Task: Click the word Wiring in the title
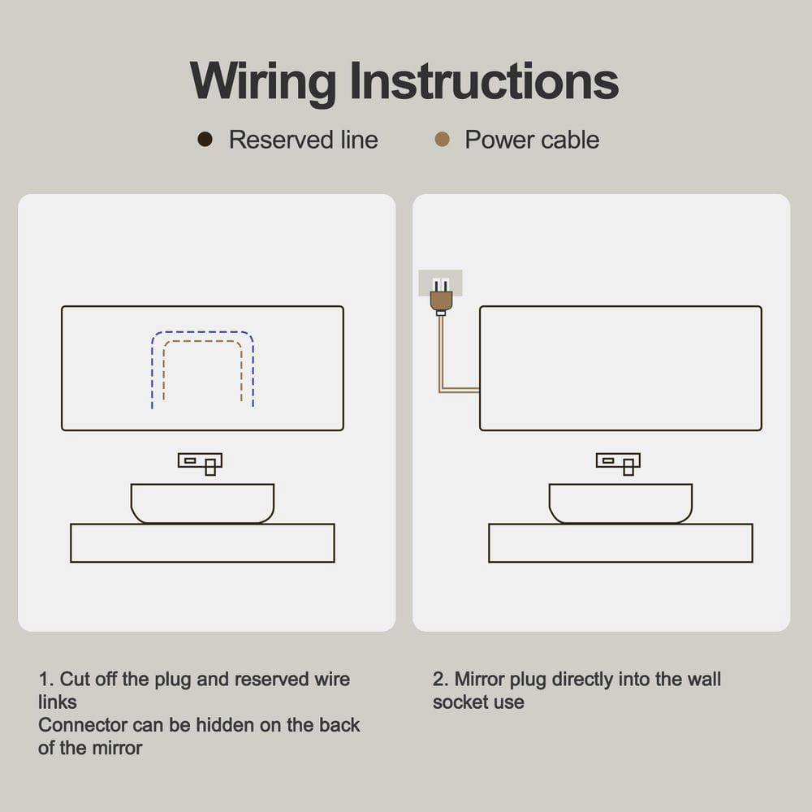pos(262,81)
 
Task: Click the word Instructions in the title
pos(484,81)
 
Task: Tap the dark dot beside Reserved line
pos(205,140)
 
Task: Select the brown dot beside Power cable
pos(442,140)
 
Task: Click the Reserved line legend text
pos(303,140)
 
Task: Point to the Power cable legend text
pos(532,140)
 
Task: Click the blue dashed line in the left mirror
pos(202,331)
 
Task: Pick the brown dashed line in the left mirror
pos(202,341)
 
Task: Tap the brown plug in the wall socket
pos(441,300)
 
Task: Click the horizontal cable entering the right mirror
pos(460,391)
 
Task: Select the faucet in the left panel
pos(200,462)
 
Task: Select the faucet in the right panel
pos(618,462)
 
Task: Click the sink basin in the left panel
pos(202,503)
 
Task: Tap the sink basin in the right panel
pos(620,503)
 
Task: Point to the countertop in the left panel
pos(202,543)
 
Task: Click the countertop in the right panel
pos(620,543)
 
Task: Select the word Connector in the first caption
pos(82,725)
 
